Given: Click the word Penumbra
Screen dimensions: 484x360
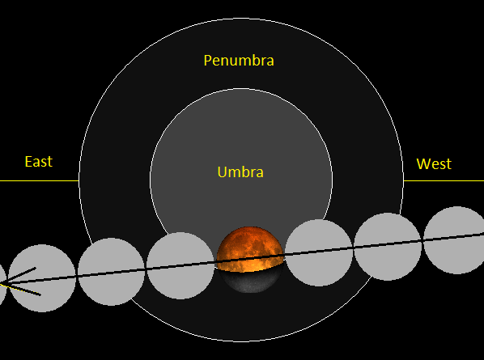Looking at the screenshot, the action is click(x=239, y=61).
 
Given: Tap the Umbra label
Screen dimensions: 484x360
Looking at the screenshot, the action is click(x=240, y=172).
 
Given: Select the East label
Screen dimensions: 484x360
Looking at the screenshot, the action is click(x=39, y=162).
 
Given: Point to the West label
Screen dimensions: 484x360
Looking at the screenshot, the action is click(x=434, y=163).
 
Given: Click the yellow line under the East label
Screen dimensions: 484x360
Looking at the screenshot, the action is click(x=39, y=180).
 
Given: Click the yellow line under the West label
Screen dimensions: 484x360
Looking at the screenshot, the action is click(x=444, y=180).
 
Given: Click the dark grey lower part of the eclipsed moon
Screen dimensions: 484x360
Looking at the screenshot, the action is click(x=251, y=281).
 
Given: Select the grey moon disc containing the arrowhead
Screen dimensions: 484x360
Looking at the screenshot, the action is click(x=42, y=278).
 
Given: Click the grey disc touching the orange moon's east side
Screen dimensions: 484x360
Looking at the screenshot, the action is click(x=180, y=265).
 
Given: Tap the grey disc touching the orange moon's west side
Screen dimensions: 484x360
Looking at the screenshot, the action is click(x=319, y=252).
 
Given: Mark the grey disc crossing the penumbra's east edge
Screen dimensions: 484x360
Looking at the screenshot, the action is click(x=111, y=272).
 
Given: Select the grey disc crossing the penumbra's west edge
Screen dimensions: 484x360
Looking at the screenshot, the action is click(x=388, y=247).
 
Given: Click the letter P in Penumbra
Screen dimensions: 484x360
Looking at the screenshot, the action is click(x=207, y=60).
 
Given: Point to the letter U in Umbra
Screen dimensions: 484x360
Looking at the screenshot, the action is click(x=222, y=172).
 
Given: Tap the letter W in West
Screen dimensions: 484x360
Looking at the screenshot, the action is click(x=423, y=163).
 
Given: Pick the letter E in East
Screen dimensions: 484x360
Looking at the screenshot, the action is click(x=28, y=162).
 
